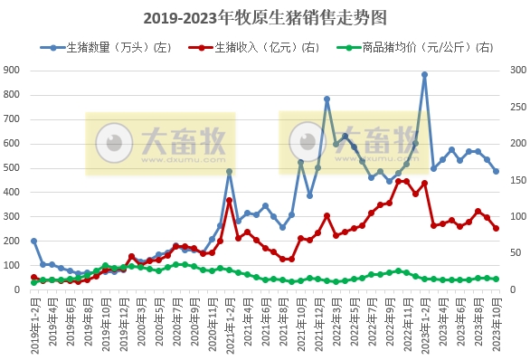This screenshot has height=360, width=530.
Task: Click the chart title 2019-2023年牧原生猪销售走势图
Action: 265,18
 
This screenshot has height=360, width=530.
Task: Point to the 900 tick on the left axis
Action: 14,70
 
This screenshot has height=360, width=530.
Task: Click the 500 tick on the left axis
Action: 14,168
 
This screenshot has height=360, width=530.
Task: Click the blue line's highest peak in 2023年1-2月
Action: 424,75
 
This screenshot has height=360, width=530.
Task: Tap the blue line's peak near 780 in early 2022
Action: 327,99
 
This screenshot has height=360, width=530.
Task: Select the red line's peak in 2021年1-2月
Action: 230,200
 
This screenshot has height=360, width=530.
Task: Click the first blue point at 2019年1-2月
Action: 33,242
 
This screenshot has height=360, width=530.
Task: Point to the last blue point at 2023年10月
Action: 496,171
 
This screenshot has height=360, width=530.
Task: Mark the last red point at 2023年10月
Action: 496,228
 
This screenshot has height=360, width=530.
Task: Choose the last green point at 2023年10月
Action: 496,279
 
